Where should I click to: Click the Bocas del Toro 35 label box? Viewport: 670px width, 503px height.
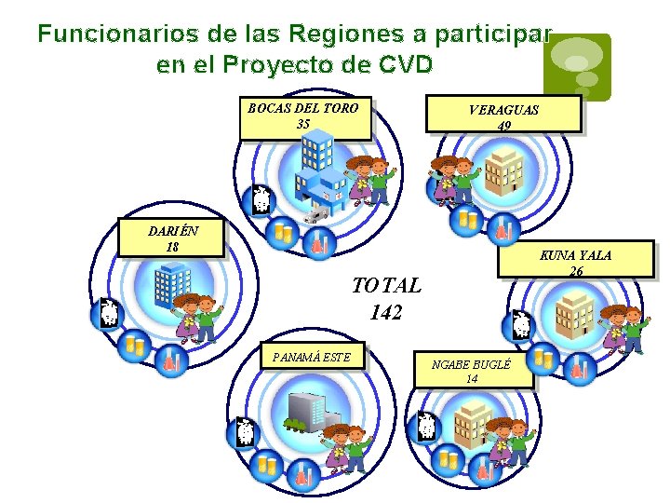[304, 117]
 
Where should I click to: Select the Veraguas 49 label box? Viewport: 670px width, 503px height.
[503, 115]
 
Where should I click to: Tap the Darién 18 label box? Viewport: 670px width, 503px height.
[171, 238]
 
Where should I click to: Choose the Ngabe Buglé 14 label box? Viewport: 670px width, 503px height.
[472, 371]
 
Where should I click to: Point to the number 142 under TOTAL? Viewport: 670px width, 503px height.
[385, 313]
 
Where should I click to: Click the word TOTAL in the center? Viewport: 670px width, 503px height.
[385, 285]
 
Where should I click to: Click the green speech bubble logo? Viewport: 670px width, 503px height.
[578, 65]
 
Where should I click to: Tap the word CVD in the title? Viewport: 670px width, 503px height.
[406, 65]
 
